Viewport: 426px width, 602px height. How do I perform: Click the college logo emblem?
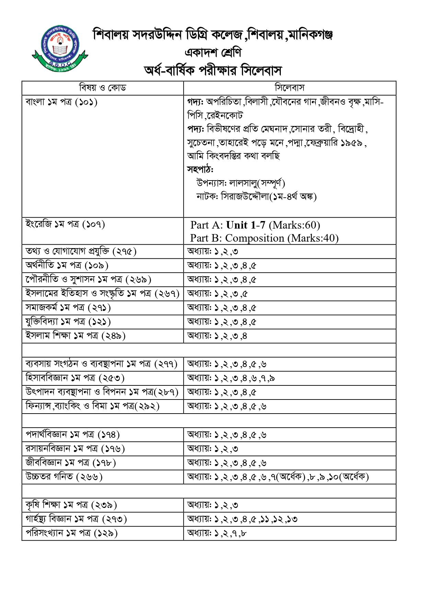pos(60,48)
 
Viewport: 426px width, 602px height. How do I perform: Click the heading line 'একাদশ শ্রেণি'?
pos(213,53)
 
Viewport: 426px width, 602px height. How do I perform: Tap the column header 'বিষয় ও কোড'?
pos(103,88)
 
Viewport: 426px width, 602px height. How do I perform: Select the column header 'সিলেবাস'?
pos(289,88)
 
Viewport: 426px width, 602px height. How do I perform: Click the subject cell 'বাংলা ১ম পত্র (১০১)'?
pos(61,102)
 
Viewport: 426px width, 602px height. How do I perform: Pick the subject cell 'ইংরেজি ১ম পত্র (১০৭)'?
pos(65,224)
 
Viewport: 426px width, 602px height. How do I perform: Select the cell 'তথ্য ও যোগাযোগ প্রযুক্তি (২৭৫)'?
pos(81,252)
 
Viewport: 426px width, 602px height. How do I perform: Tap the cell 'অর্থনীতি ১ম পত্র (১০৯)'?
pos(67,266)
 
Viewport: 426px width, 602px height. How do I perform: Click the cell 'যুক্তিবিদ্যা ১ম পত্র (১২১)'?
pos(68,322)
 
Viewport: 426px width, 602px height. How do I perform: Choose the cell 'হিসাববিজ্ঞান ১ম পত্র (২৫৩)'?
pos(75,378)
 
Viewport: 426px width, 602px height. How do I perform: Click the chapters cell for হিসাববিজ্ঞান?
pos(231,378)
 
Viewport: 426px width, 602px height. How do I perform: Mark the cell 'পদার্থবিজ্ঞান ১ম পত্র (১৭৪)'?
pos(72,435)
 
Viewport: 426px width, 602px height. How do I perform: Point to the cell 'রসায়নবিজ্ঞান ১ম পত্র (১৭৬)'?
pos(75,449)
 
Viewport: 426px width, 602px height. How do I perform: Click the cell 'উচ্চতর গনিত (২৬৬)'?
pos(64,477)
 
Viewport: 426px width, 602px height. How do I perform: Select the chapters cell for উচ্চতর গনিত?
pos(278,477)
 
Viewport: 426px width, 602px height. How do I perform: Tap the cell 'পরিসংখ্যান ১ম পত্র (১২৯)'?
pos(71,533)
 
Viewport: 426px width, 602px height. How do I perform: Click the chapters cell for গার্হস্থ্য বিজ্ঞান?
pos(242,519)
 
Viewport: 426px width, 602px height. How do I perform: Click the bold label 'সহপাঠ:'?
pos(200,170)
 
